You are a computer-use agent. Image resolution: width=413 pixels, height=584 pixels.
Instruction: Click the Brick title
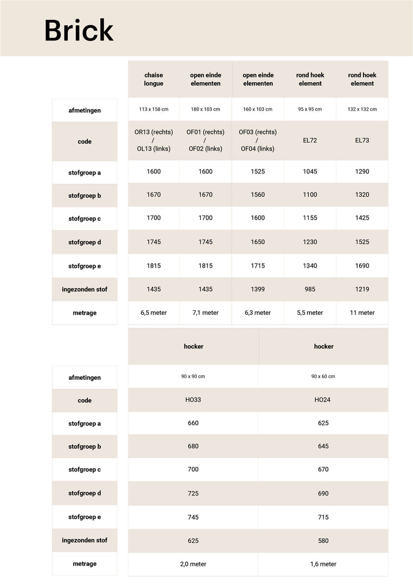[79, 30]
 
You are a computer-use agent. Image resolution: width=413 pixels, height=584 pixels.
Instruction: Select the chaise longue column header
[153, 79]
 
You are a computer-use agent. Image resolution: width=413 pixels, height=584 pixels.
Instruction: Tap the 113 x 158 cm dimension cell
[153, 109]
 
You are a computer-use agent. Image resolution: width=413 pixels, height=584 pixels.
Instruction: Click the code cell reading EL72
[310, 140]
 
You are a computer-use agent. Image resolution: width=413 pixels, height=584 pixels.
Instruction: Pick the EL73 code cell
[362, 140]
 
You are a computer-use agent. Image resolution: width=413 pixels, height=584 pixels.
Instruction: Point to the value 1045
[310, 172]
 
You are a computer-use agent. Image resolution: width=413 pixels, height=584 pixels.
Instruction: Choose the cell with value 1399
[257, 289]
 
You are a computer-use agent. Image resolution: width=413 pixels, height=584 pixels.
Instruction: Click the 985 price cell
[310, 289]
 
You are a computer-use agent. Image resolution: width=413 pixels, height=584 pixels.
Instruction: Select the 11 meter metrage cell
[362, 313]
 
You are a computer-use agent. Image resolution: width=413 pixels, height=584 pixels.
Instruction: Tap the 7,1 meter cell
[205, 313]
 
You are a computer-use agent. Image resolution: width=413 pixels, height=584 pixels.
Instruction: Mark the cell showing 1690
[362, 266]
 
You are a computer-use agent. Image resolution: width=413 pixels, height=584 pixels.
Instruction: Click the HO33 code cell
[193, 400]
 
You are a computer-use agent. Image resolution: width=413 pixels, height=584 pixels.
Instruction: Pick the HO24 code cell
[323, 400]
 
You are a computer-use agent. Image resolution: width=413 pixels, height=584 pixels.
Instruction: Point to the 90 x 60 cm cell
[323, 376]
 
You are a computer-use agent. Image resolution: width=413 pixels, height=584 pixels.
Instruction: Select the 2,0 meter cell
[193, 564]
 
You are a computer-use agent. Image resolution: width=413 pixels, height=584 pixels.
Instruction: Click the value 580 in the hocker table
[323, 540]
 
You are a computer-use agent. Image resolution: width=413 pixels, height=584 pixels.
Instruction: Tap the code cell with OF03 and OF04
[257, 140]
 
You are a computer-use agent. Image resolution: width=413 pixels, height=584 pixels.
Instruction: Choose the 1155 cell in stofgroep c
[310, 218]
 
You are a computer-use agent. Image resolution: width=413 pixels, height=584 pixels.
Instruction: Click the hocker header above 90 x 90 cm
[193, 346]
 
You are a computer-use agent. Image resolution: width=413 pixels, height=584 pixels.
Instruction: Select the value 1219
[362, 289]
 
